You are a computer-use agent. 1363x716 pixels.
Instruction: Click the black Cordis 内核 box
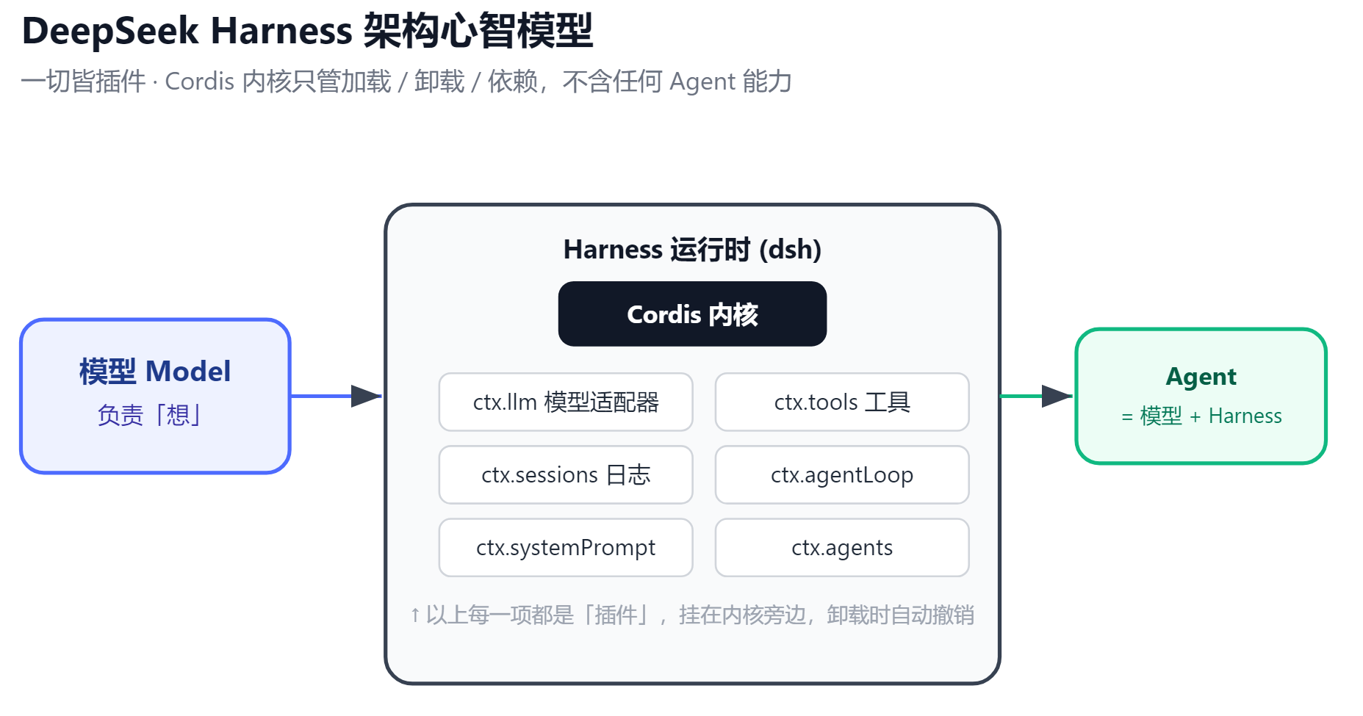[692, 314]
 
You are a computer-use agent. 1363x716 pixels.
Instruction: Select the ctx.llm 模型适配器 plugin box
[566, 402]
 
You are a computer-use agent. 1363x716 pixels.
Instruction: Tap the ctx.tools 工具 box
[842, 402]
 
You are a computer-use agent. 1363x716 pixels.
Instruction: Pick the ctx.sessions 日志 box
[566, 474]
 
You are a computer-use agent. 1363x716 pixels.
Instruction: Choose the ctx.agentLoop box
[842, 474]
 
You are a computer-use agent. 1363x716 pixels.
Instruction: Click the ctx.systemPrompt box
[566, 547]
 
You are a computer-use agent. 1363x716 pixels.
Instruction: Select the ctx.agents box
[842, 547]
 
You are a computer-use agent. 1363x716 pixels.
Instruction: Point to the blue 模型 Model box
[155, 396]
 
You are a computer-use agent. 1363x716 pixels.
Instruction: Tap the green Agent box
[1201, 396]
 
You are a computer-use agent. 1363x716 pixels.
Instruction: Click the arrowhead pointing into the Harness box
[366, 396]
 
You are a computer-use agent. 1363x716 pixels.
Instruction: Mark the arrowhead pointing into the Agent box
[1057, 396]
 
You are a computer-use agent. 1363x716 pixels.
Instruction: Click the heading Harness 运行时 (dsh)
[692, 250]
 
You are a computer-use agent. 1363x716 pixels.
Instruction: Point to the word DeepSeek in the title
[110, 31]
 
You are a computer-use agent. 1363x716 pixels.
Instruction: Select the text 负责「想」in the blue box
[149, 415]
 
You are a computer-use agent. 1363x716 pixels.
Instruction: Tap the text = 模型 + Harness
[1201, 416]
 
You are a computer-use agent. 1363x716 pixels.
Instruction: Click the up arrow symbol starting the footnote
[415, 615]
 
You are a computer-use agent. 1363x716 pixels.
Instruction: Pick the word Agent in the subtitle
[702, 82]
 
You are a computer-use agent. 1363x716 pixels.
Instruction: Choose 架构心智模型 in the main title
[478, 31]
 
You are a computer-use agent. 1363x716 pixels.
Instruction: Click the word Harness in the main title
[281, 31]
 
